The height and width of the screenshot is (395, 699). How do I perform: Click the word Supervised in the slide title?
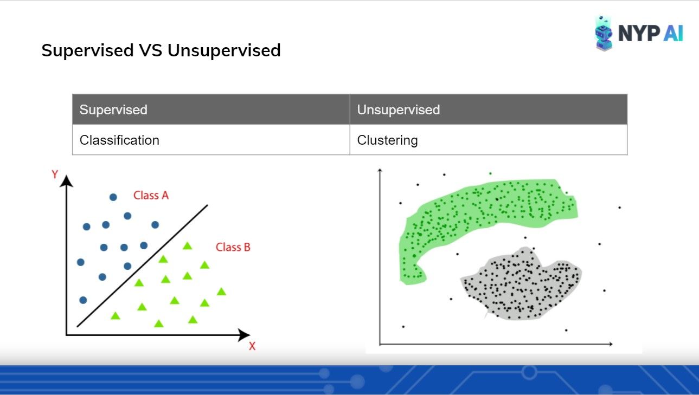(88, 50)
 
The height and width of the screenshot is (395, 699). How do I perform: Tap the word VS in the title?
(151, 50)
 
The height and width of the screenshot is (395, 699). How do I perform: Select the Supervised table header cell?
(211, 109)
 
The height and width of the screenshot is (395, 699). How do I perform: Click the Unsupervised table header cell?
(489, 109)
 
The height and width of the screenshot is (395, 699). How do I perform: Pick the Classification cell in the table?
(211, 140)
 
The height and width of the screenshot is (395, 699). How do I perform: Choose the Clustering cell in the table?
(489, 140)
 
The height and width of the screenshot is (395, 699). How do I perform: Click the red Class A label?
(151, 196)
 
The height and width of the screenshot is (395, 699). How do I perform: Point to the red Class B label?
(233, 247)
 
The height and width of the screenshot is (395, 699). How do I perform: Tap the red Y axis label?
(55, 174)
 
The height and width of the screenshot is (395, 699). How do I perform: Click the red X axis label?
(252, 346)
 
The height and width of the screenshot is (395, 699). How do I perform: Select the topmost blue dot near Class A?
(113, 197)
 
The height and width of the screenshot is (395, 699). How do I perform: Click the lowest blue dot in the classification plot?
(83, 300)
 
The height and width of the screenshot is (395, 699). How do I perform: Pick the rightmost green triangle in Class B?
(221, 292)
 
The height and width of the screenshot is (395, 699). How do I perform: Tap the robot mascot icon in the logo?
(604, 34)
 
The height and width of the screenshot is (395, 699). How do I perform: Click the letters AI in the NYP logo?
(674, 33)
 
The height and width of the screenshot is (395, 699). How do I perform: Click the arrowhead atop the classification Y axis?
(66, 181)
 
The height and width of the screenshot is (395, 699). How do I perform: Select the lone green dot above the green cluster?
(490, 173)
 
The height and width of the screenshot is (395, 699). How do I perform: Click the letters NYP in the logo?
(639, 33)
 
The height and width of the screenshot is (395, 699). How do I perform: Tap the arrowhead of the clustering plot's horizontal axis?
(611, 344)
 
